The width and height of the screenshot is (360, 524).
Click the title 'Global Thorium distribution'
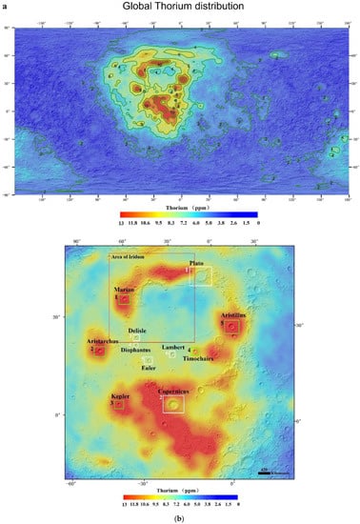pos(180,7)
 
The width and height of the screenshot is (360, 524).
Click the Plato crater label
pos(196,262)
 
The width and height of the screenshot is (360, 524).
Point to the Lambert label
pos(173,347)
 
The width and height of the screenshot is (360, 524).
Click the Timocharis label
pos(198,358)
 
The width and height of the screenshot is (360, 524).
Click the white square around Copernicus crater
pos(172,405)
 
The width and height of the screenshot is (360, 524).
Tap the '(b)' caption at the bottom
pos(179,517)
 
